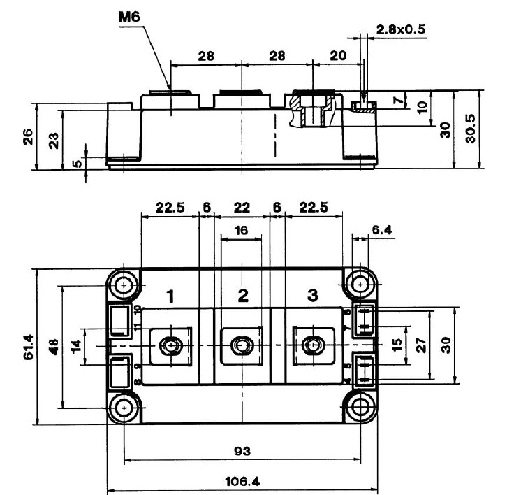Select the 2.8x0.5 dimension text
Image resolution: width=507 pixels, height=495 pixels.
pyautogui.click(x=401, y=29)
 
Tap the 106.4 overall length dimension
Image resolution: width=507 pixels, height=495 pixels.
pyautogui.click(x=242, y=481)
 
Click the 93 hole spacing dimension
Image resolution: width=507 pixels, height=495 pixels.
pyautogui.click(x=242, y=450)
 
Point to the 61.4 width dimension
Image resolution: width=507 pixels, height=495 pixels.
pyautogui.click(x=20, y=345)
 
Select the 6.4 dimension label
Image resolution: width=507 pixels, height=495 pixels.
pyautogui.click(x=382, y=229)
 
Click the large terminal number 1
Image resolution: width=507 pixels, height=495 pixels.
pyautogui.click(x=170, y=295)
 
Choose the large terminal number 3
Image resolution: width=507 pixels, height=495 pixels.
pyautogui.click(x=312, y=294)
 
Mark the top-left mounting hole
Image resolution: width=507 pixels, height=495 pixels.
pyautogui.click(x=124, y=285)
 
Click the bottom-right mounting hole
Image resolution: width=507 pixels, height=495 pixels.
pyautogui.click(x=360, y=406)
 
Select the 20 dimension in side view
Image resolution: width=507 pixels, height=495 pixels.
pyautogui.click(x=336, y=57)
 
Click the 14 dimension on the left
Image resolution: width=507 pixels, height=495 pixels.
pyautogui.click(x=76, y=345)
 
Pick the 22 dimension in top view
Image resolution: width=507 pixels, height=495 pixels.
pyautogui.click(x=242, y=208)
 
